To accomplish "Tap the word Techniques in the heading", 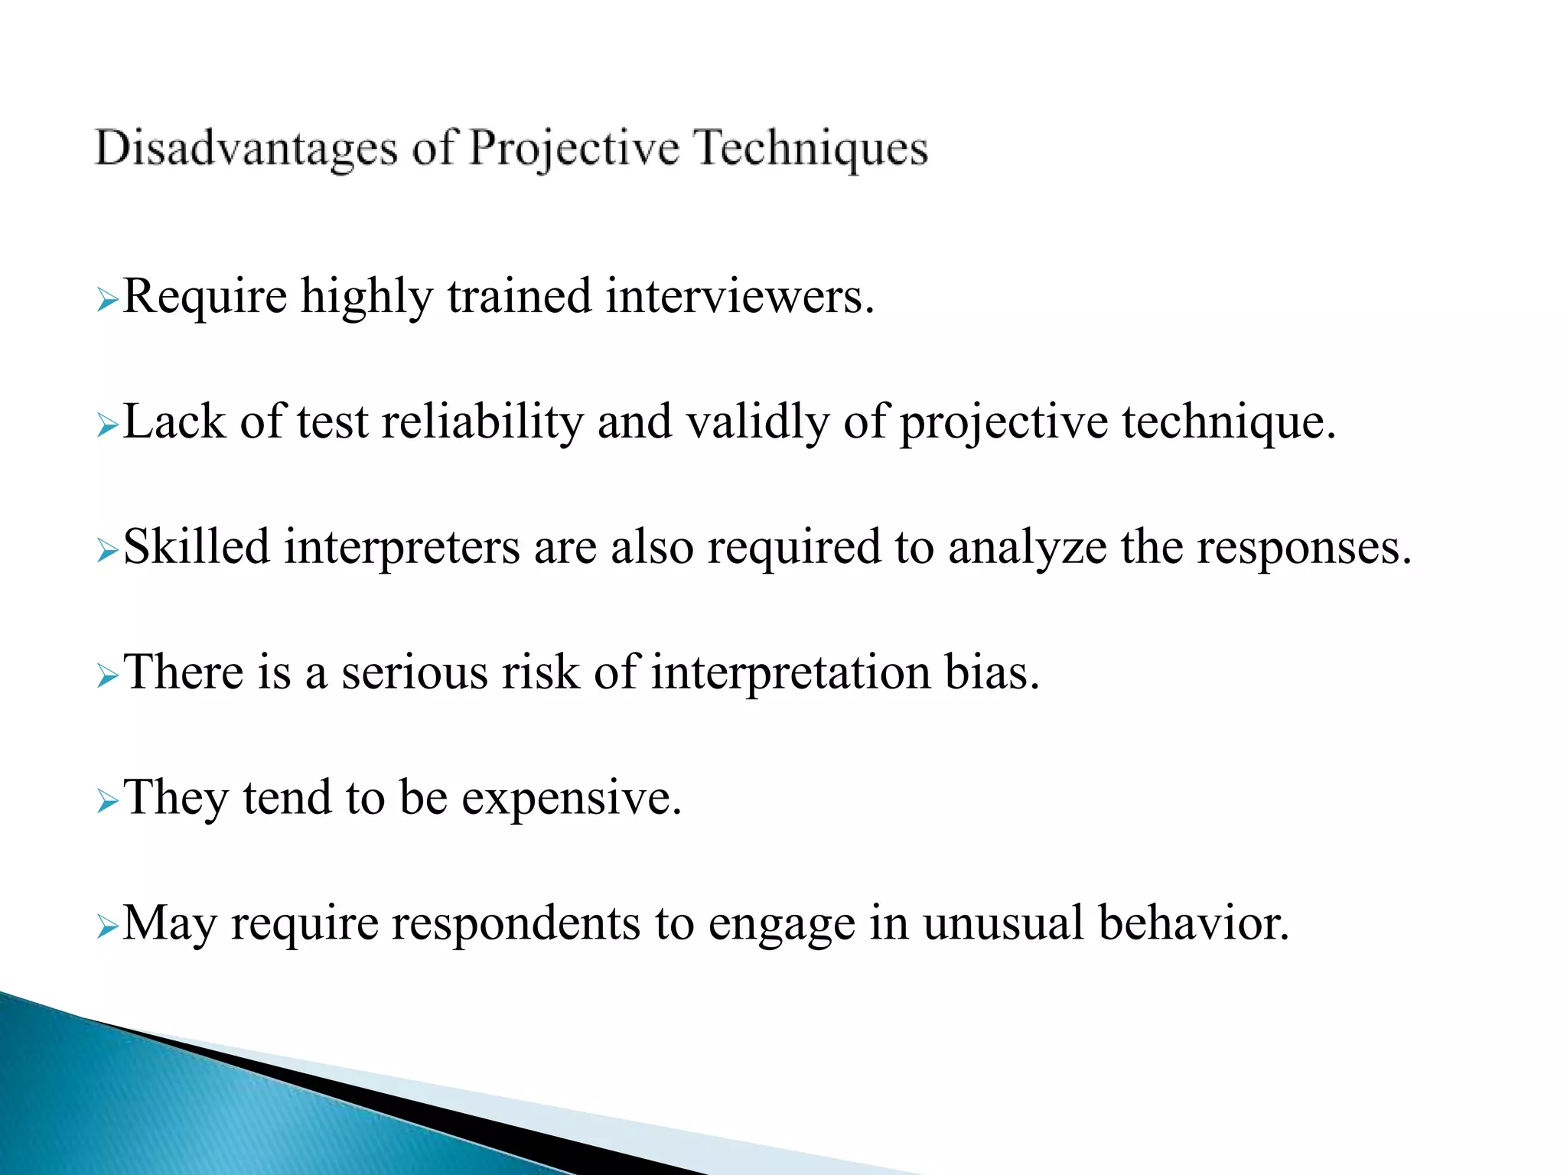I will coord(812,148).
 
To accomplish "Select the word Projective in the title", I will coord(574,148).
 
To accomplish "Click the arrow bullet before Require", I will coord(107,301).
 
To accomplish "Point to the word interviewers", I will coord(739,297).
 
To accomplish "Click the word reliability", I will coord(482,422).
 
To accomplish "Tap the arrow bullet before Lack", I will coord(107,426).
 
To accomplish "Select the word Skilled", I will coord(197,547).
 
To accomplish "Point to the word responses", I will coord(1304,548).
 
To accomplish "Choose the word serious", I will coord(415,672).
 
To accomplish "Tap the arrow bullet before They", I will coord(107,802).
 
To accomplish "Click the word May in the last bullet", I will coord(170,923).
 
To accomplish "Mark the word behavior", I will coord(1194,923).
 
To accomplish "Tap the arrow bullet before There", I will coord(107,677).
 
